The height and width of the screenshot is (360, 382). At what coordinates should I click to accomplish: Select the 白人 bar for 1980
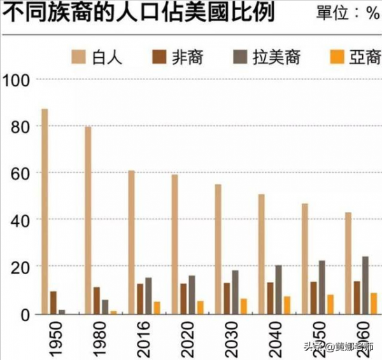(88, 220)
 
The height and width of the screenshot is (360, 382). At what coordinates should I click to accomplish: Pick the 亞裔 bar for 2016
(157, 307)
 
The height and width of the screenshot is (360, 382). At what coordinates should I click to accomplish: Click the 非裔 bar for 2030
(227, 298)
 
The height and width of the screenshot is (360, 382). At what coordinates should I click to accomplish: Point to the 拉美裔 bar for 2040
(278, 289)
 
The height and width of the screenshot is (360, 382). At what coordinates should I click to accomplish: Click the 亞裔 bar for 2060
(374, 303)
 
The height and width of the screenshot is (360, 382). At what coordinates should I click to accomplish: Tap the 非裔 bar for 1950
(53, 302)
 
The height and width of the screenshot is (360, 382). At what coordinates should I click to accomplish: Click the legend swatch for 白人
(81, 58)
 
